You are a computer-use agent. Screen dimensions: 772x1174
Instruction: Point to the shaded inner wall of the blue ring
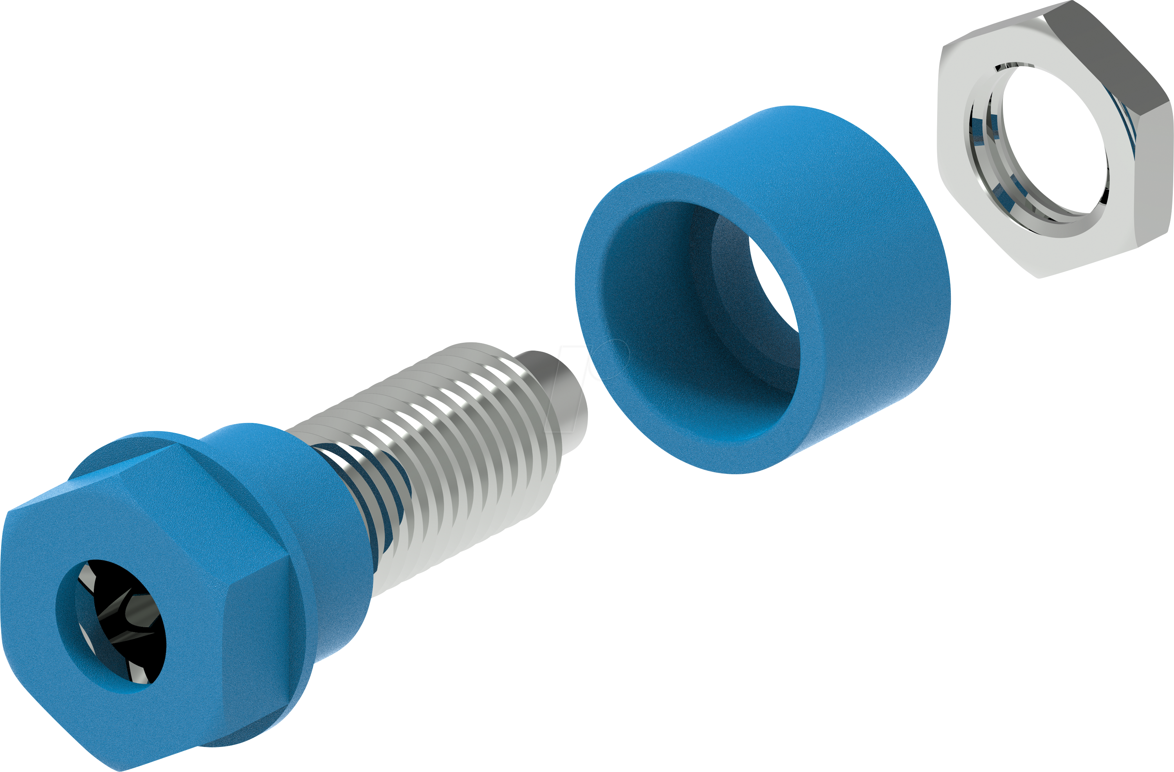(x=656, y=320)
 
